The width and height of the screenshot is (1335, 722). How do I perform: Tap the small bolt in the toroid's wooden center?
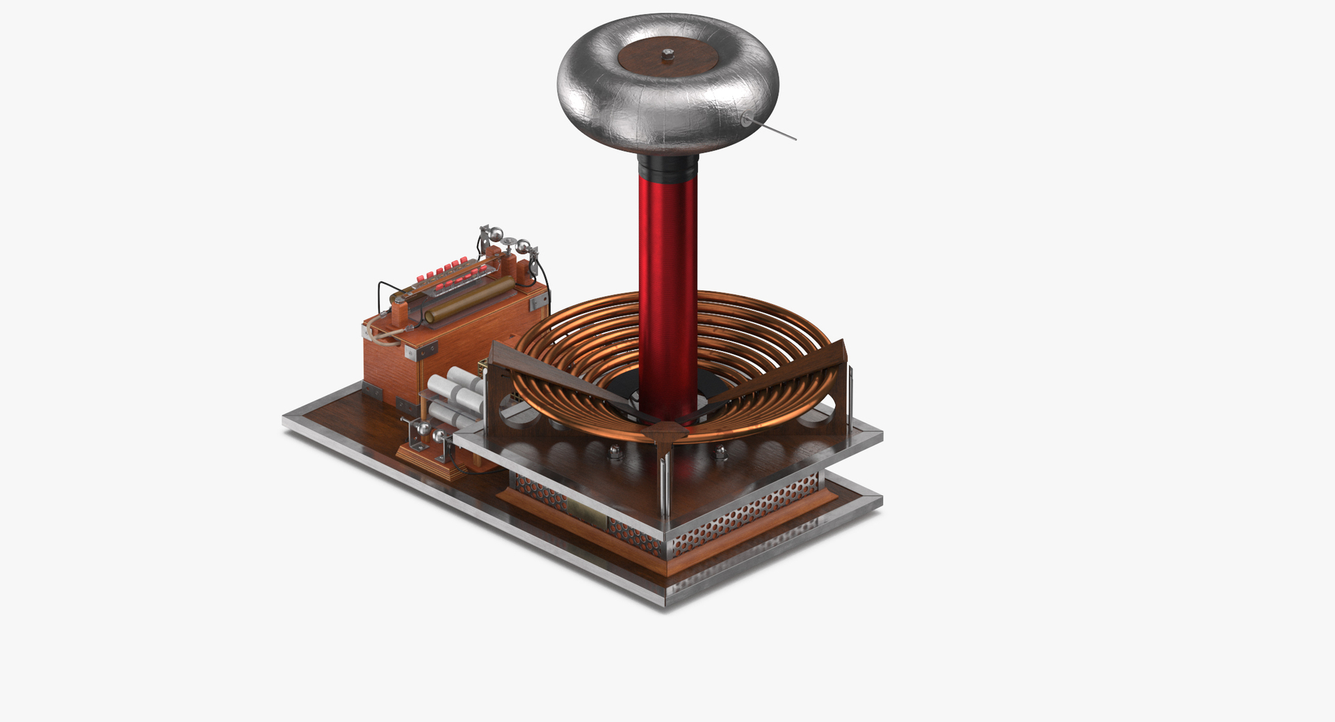point(668,52)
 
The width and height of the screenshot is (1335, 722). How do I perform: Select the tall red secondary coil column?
point(667,278)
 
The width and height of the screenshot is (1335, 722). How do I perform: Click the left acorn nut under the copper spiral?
point(615,453)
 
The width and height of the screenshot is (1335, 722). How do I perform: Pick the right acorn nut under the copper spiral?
point(720,454)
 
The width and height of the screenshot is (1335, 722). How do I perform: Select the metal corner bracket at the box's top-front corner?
point(408,353)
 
